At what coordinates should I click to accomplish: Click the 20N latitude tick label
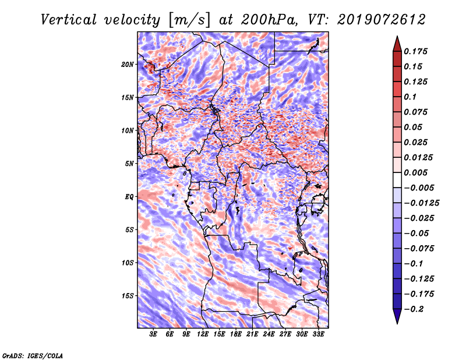128,64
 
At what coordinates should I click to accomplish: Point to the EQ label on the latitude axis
129,196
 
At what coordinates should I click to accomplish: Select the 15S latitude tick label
128,295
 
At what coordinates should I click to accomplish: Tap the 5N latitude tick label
129,163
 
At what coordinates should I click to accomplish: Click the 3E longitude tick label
154,334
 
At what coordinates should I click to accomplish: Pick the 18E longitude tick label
236,334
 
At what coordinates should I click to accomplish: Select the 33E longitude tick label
318,334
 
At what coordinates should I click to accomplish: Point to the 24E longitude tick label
269,334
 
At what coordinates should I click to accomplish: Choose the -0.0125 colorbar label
422,203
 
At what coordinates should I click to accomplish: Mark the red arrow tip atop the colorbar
397,39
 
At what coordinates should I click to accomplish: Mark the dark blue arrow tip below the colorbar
397,321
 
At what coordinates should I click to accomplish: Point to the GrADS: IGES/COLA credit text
32,355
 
